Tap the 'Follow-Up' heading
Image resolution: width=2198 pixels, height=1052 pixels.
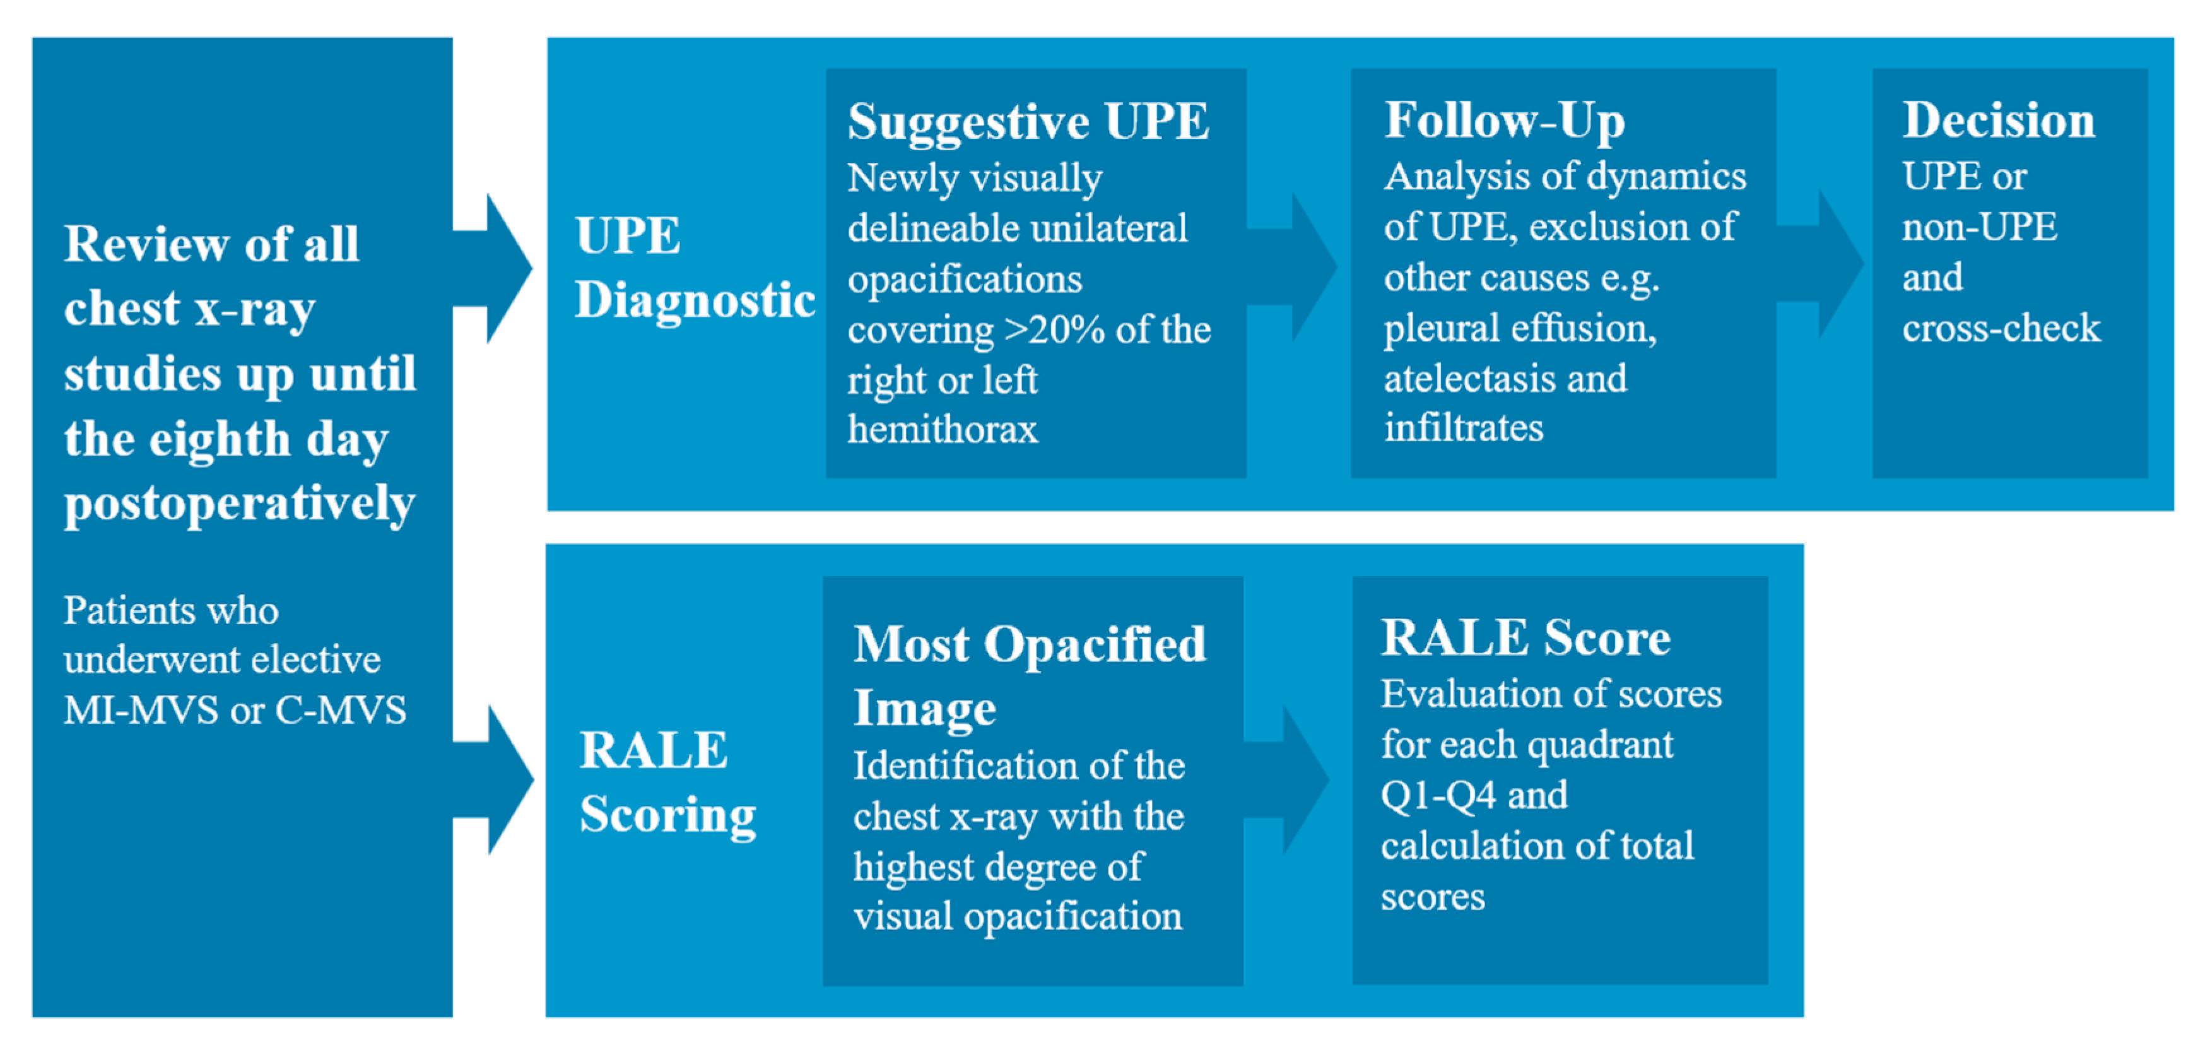click(x=1504, y=121)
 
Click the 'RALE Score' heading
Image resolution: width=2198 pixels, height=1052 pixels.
click(x=1525, y=637)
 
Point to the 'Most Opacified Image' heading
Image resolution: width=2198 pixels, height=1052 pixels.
click(x=1030, y=676)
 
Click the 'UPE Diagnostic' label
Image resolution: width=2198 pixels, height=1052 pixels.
click(x=695, y=267)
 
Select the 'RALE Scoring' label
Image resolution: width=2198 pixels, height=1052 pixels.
click(x=667, y=783)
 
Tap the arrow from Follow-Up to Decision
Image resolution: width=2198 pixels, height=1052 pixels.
click(x=1820, y=264)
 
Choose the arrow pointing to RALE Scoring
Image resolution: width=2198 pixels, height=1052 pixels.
click(x=493, y=780)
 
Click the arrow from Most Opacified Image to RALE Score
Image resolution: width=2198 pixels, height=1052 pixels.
click(x=1286, y=780)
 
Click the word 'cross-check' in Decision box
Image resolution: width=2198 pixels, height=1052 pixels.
click(x=2001, y=328)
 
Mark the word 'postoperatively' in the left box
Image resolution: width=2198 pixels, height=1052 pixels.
click(x=240, y=504)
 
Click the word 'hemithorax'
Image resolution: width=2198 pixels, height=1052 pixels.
click(x=943, y=429)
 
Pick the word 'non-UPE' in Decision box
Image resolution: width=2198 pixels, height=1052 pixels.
click(x=1980, y=227)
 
